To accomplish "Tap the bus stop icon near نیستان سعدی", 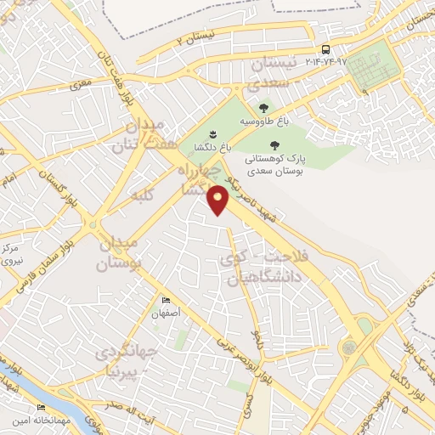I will pos(326,48).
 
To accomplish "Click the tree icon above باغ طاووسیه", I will pos(264,108).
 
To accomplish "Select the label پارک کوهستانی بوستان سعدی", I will pos(274,165).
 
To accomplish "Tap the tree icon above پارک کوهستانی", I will pos(274,145).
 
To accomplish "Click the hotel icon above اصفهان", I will pos(167,300).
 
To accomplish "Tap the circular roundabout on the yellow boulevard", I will pos(347,348).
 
